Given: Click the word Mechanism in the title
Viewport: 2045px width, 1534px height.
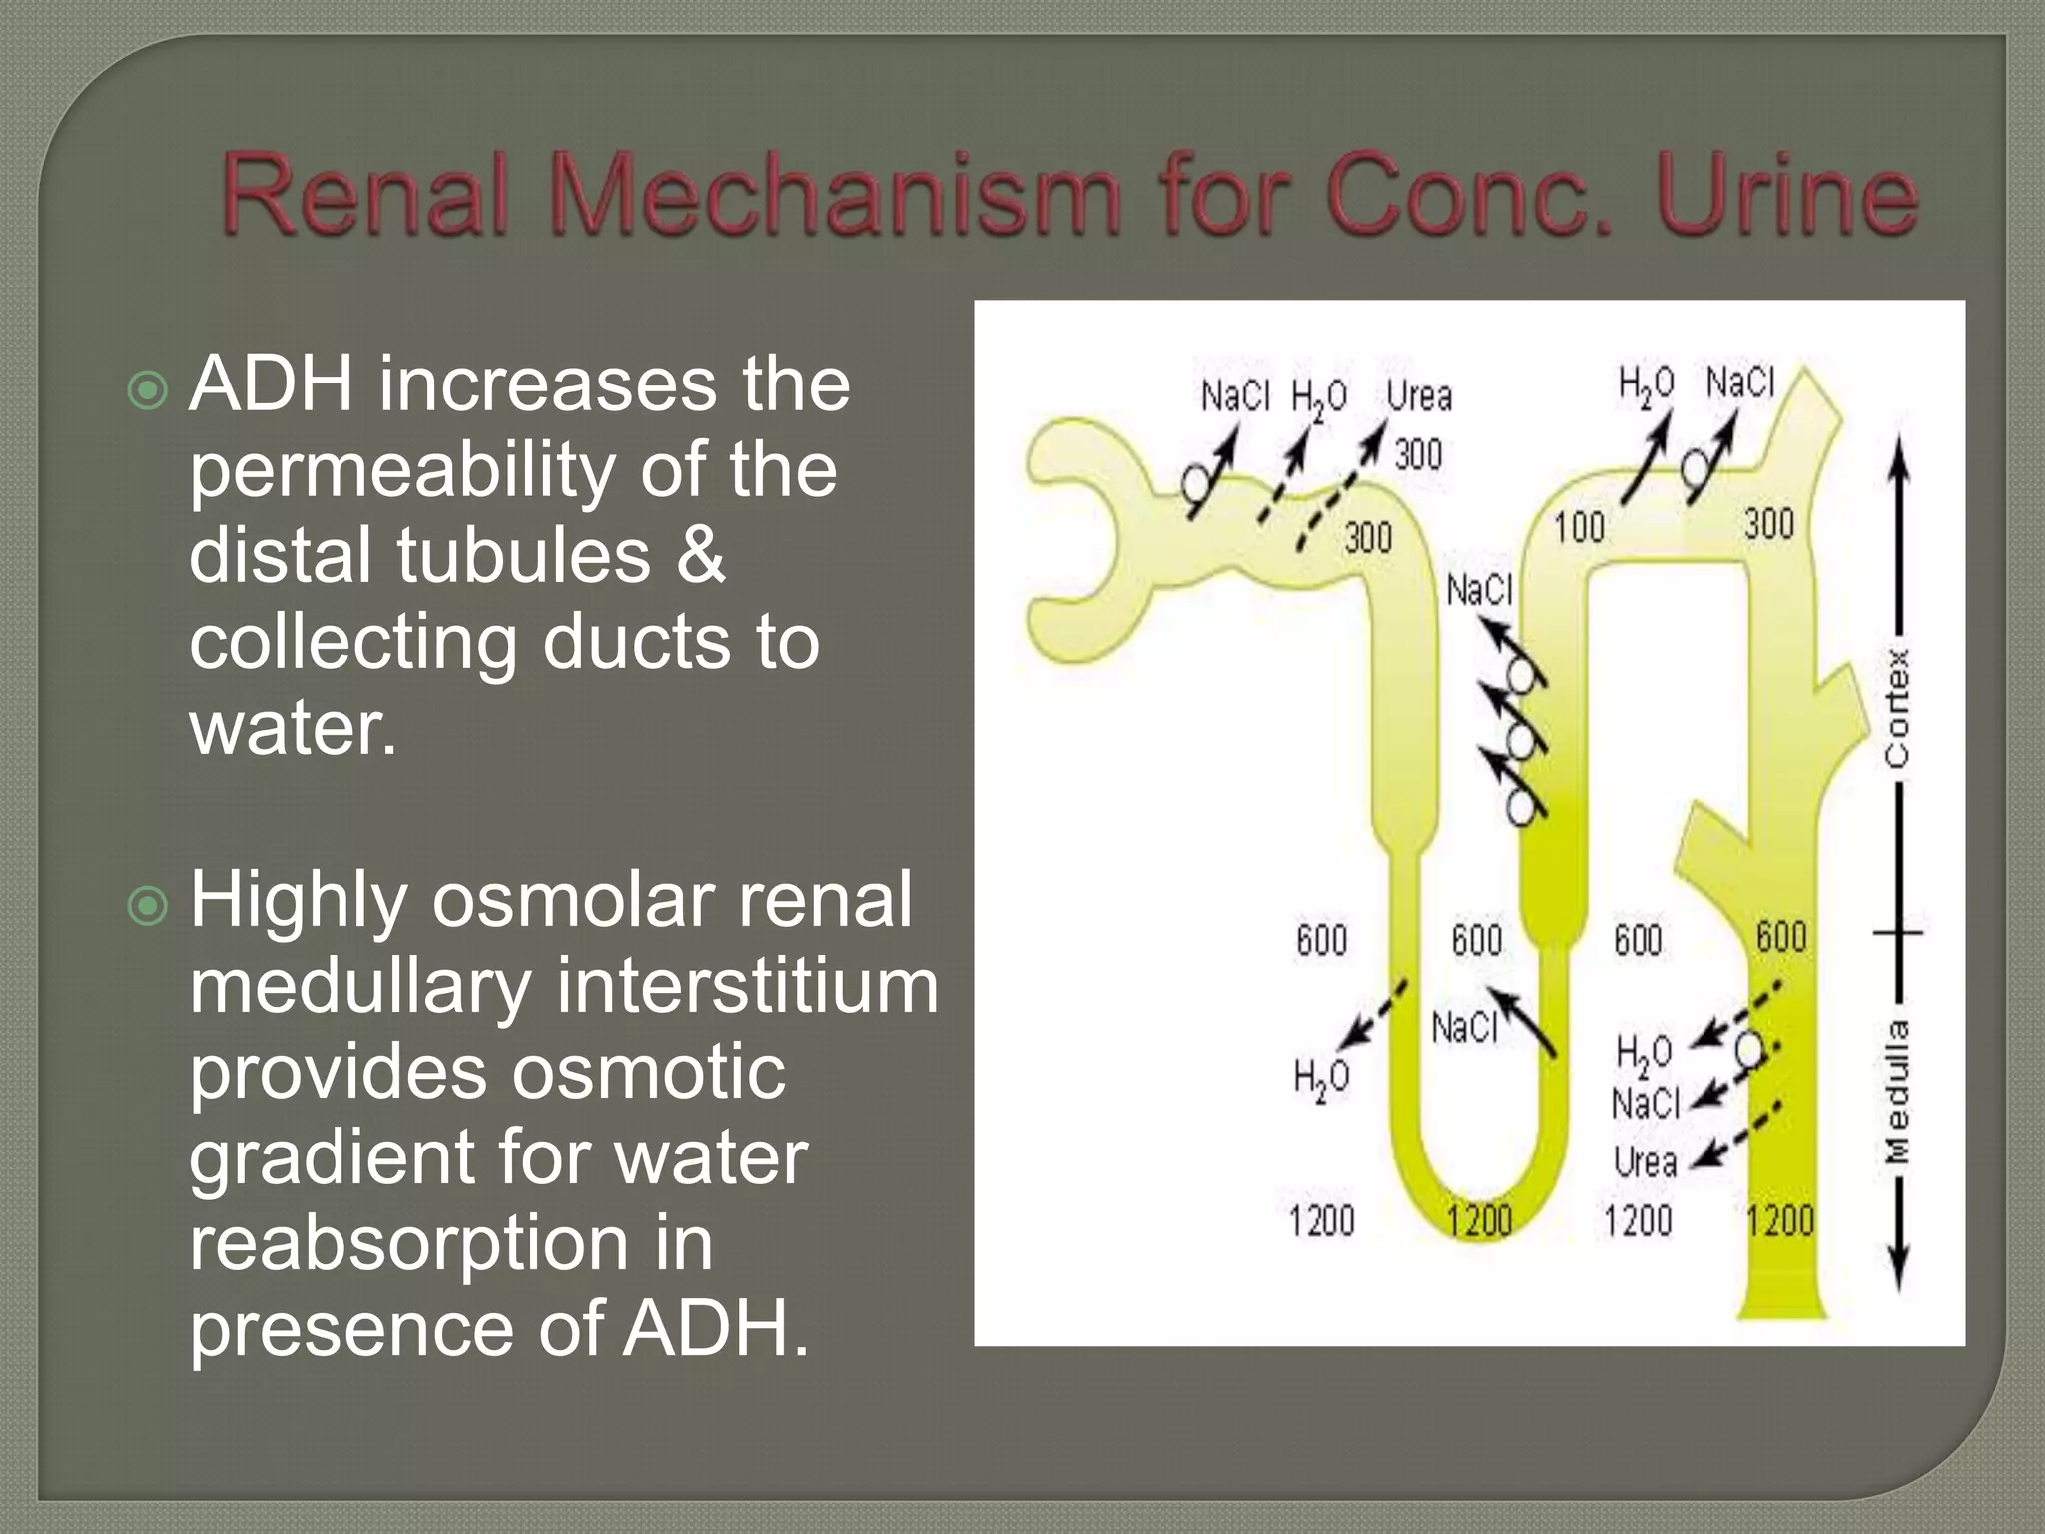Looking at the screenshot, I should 833,195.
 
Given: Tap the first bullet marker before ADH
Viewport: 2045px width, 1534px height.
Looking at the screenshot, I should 149,390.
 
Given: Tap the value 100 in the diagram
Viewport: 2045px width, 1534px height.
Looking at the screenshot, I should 1579,527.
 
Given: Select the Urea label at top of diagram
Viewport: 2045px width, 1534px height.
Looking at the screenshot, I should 1419,397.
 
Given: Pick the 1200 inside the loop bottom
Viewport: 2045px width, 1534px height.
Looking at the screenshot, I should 1479,1221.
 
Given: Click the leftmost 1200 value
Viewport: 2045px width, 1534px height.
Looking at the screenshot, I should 1321,1221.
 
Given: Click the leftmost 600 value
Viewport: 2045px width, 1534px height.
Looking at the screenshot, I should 1321,940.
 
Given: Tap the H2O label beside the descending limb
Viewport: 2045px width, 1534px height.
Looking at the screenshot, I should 1320,1079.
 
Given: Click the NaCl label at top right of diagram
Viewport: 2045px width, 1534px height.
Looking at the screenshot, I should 1740,383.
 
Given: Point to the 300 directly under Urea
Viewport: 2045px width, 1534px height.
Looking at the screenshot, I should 1418,455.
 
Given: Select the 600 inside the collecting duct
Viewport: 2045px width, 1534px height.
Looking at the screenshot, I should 1781,937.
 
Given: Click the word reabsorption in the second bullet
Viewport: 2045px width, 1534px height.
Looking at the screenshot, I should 409,1244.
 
